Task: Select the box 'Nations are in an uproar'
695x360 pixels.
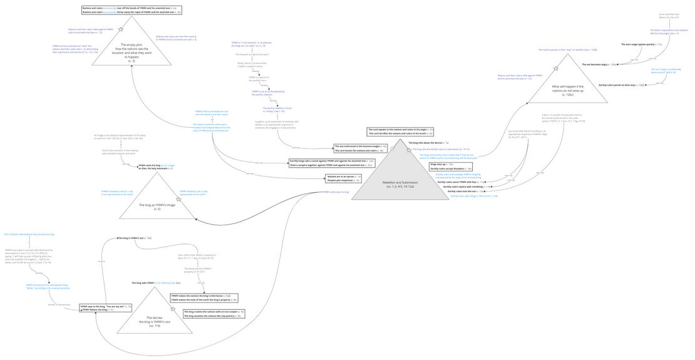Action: point(344,178)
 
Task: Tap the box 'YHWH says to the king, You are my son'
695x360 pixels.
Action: point(106,308)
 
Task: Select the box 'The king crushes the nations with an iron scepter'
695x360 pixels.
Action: point(213,314)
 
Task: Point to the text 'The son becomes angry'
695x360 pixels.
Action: point(601,64)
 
